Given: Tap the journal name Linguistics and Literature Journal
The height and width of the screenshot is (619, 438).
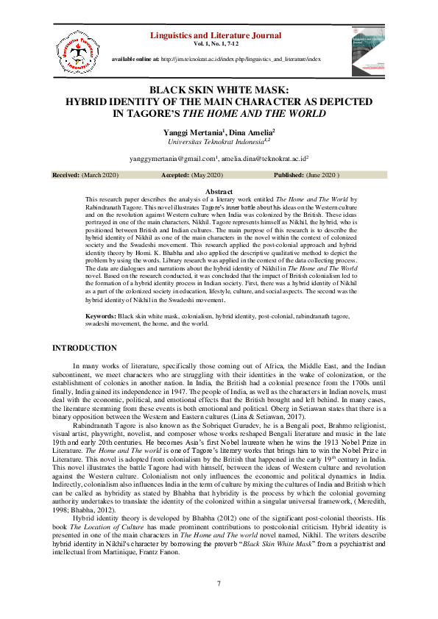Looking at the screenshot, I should [x=219, y=35].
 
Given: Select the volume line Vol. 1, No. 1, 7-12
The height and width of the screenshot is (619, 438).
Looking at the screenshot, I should [x=219, y=43].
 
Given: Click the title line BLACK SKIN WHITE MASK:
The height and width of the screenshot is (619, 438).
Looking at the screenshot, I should [x=219, y=90].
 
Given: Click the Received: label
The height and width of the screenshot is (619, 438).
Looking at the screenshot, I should [x=66, y=176].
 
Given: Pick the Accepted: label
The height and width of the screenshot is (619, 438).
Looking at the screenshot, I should [x=177, y=176].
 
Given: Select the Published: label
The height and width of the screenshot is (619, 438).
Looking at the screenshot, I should [x=290, y=176].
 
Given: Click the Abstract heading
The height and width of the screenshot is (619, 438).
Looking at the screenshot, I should [x=219, y=192].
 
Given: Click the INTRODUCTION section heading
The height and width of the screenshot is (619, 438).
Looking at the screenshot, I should [x=86, y=348].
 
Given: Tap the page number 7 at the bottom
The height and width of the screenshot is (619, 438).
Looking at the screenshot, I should [x=219, y=583].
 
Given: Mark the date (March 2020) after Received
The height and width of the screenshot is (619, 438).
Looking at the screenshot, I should [x=99, y=176].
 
